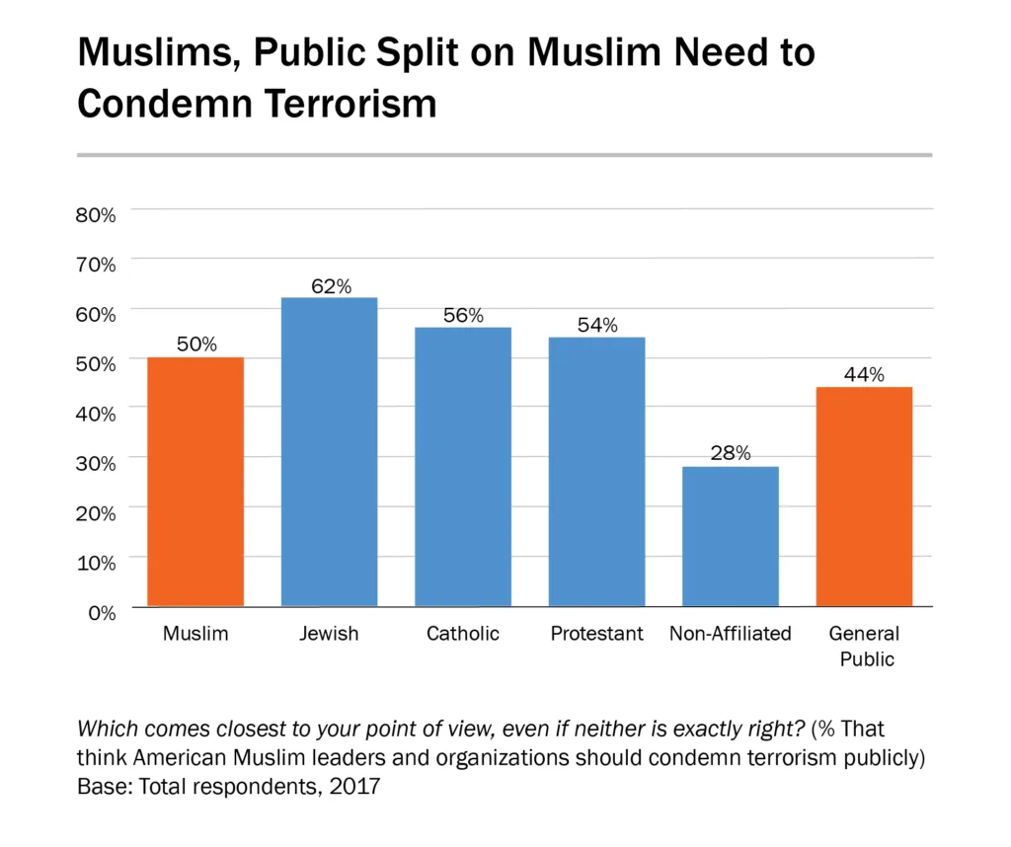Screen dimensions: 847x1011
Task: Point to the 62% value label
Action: (331, 286)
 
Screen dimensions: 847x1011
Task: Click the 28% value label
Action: (731, 454)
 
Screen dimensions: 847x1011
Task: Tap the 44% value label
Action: (864, 375)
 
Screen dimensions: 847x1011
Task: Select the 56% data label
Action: (463, 316)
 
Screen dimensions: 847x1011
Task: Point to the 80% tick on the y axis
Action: (96, 213)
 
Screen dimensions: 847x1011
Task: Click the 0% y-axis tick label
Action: (103, 612)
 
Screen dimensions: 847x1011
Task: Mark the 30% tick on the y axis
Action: (96, 462)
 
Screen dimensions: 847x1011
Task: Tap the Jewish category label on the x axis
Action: (329, 634)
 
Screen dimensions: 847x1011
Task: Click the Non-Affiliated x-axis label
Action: (731, 634)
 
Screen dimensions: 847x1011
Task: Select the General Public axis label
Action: (864, 646)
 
